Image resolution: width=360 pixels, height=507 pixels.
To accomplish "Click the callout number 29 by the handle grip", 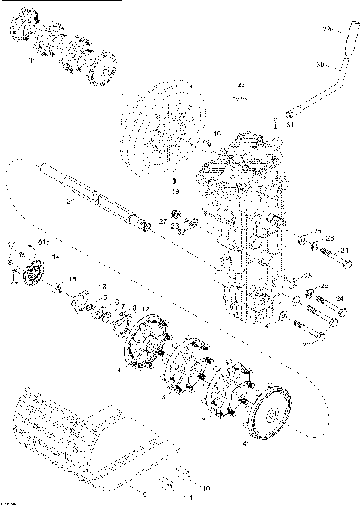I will click(325, 29).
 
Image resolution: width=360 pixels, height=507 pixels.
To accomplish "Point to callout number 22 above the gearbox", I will click(241, 83).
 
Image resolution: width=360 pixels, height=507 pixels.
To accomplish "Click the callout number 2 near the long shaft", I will click(68, 201).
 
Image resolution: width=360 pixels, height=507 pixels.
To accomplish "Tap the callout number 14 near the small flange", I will click(54, 256).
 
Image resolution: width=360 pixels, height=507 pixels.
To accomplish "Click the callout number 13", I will click(103, 287).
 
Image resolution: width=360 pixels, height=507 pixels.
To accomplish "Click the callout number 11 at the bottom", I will click(188, 497).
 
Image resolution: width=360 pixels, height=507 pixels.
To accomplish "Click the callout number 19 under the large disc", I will click(174, 192).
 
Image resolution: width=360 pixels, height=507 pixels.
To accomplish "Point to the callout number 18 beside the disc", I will click(217, 134).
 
